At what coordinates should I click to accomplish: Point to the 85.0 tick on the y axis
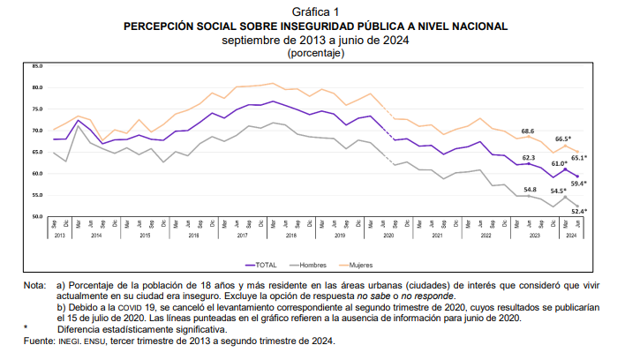coord(37,66)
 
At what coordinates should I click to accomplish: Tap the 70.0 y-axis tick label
coord(37,131)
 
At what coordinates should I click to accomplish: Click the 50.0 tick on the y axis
coord(37,216)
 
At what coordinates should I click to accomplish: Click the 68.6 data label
coord(528,131)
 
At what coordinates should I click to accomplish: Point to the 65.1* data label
coord(579,158)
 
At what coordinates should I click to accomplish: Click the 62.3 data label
coord(528,157)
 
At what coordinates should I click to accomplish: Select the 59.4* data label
coord(579,184)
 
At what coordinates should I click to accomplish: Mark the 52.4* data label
coord(579,211)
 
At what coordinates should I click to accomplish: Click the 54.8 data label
coord(530,189)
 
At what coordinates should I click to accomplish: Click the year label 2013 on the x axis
coord(60,236)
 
